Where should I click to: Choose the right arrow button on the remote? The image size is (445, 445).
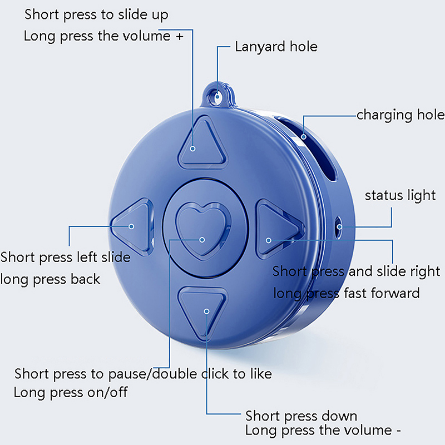276,228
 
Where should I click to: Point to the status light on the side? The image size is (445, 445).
339,226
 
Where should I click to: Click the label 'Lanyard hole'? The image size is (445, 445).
276,47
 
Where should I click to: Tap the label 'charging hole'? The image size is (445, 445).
400,115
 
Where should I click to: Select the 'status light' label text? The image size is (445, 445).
400,196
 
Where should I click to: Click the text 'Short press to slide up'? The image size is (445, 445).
96,14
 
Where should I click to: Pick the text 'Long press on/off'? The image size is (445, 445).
71,392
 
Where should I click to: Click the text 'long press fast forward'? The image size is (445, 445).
346,292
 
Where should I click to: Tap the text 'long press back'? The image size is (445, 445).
51,279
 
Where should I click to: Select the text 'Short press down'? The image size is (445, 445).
301,416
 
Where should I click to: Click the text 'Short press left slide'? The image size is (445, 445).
66,258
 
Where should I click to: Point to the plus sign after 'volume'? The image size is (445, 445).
179,37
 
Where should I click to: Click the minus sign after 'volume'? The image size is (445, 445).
397,431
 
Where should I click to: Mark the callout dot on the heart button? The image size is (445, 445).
202,239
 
